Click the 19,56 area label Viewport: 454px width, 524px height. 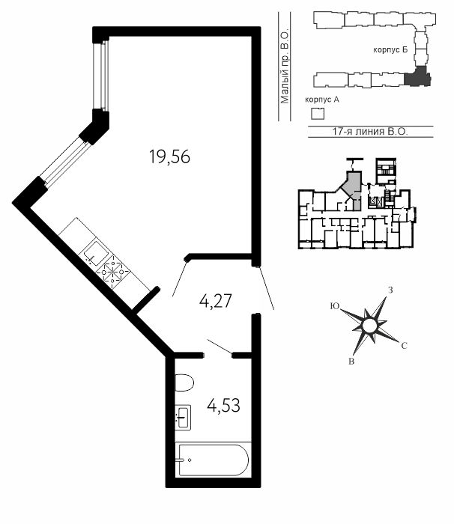click(169, 156)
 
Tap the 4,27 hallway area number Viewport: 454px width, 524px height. click(216, 301)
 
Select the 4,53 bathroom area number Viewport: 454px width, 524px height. click(223, 406)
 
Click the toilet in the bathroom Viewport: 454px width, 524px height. click(184, 383)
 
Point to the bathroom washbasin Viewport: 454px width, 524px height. click(183, 418)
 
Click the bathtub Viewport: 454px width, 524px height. click(213, 460)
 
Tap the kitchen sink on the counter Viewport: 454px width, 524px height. click(96, 249)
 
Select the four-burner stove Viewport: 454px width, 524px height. click(112, 272)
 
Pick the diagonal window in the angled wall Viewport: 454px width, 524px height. click(64, 161)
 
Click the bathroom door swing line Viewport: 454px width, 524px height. click(220, 347)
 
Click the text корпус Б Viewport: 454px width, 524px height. click(390, 50)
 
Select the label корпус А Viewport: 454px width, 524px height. click(322, 100)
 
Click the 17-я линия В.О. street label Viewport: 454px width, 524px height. click(370, 131)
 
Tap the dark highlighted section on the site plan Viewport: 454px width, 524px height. click(417, 76)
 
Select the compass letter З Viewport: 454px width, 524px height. click(390, 290)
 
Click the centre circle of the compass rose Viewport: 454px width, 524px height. click(369, 326)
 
